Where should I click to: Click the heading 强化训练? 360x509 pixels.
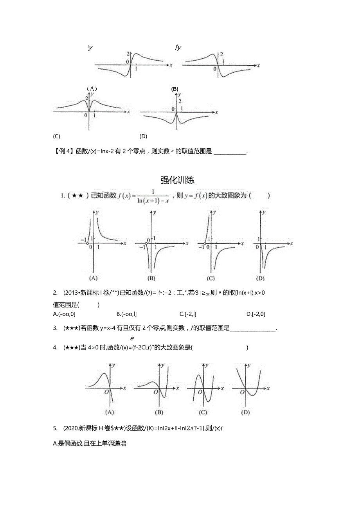178,180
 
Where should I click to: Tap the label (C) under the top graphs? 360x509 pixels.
56,136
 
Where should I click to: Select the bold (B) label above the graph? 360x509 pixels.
175,89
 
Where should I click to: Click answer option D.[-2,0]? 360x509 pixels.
256,314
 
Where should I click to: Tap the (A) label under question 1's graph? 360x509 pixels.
93,279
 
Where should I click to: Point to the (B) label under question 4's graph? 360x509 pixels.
159,412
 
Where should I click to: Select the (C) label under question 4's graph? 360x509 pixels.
203,412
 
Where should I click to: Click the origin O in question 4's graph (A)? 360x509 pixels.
107,392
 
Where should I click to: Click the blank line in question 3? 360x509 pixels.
253,329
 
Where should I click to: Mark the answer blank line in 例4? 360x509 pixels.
231,152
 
